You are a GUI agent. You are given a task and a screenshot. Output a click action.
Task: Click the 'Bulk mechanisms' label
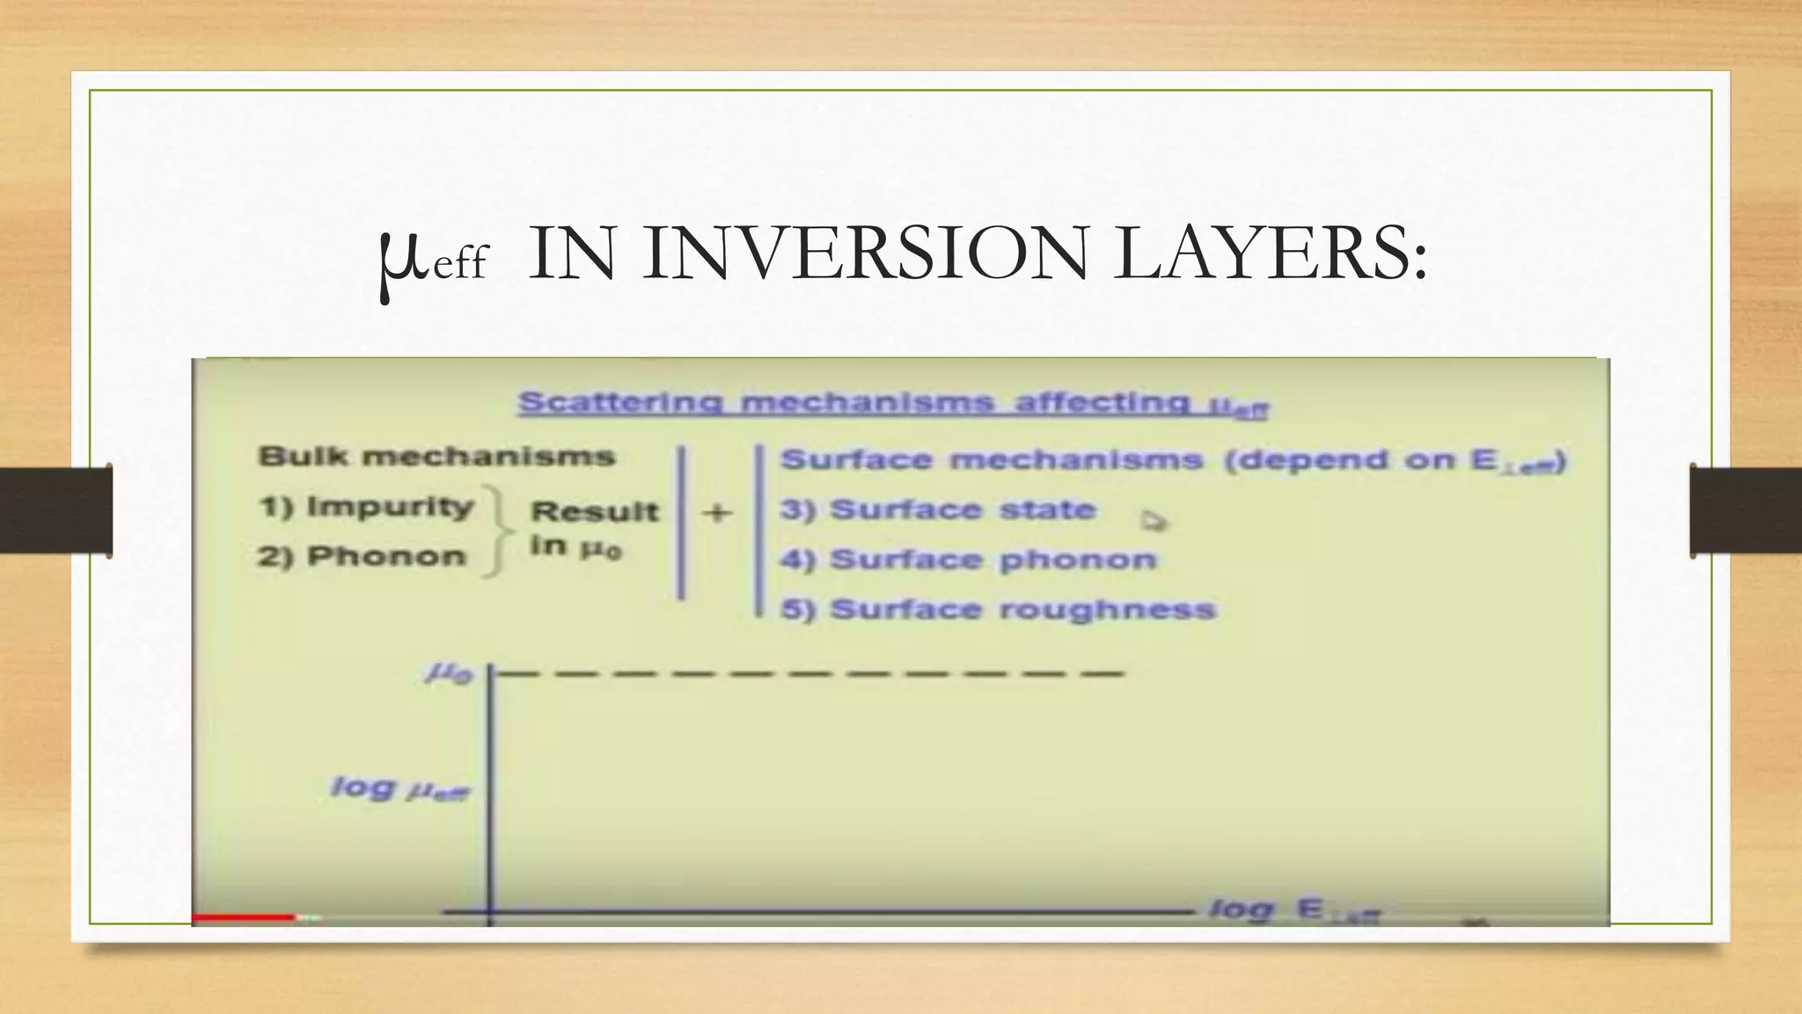(436, 457)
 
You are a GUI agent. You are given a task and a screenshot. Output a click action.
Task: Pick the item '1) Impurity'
(367, 508)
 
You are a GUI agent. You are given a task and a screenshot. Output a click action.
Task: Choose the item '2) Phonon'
(362, 557)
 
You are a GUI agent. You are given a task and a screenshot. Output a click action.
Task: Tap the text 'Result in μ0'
(593, 529)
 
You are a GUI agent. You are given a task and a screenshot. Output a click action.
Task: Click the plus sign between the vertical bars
(718, 512)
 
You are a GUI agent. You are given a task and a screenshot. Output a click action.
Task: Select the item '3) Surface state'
(938, 511)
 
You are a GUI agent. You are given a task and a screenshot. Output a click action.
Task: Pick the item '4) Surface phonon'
(968, 561)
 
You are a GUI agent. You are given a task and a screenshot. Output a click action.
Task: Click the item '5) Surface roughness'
(998, 610)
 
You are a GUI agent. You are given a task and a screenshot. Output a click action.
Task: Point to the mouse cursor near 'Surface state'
(1153, 521)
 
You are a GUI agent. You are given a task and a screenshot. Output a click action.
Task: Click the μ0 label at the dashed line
(450, 674)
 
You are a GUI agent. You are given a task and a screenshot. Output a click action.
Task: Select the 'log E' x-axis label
(1293, 910)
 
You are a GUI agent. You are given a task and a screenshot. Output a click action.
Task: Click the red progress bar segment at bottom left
(244, 917)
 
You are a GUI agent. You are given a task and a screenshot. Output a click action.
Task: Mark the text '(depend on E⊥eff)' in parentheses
(1395, 461)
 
